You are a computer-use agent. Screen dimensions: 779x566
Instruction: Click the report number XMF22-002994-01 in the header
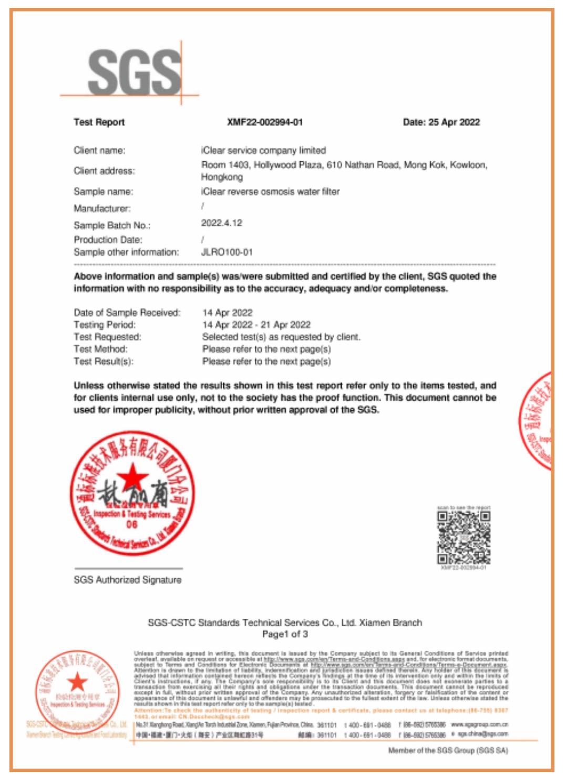pos(265,122)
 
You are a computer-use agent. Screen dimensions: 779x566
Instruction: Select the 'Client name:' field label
pos(99,151)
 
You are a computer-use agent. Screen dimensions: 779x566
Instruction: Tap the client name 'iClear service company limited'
pos(264,151)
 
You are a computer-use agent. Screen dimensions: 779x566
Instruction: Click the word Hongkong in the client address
pos(222,178)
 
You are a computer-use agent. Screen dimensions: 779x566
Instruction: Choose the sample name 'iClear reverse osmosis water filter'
pos(271,192)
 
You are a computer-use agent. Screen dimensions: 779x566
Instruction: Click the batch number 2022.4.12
pos(222,223)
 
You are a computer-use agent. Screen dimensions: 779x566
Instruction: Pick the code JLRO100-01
pos(227,252)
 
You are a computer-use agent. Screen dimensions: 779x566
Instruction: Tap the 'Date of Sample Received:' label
pos(127,313)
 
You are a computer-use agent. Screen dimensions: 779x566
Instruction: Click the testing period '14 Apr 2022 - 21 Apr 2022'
pos(256,325)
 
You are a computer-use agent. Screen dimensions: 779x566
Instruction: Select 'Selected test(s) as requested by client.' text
pos(281,337)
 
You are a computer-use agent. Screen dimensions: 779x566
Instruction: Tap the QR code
pos(464,537)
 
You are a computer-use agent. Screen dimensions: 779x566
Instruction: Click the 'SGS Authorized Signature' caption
pos(128,580)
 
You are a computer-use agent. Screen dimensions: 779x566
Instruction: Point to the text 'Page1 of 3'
pos(285,634)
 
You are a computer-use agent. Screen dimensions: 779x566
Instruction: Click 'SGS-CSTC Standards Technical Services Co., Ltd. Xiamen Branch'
pos(285,623)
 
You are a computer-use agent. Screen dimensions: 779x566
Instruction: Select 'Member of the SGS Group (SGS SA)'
pos(448,751)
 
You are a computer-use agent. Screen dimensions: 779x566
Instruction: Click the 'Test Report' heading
pos(99,122)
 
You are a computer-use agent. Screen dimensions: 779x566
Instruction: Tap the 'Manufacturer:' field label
pos(102,209)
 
